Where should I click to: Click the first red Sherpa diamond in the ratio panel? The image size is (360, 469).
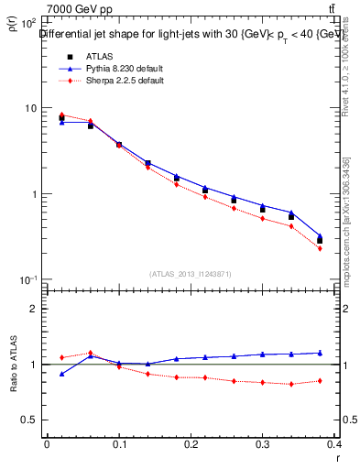(62, 357)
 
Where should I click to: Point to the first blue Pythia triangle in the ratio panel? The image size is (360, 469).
(62, 374)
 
